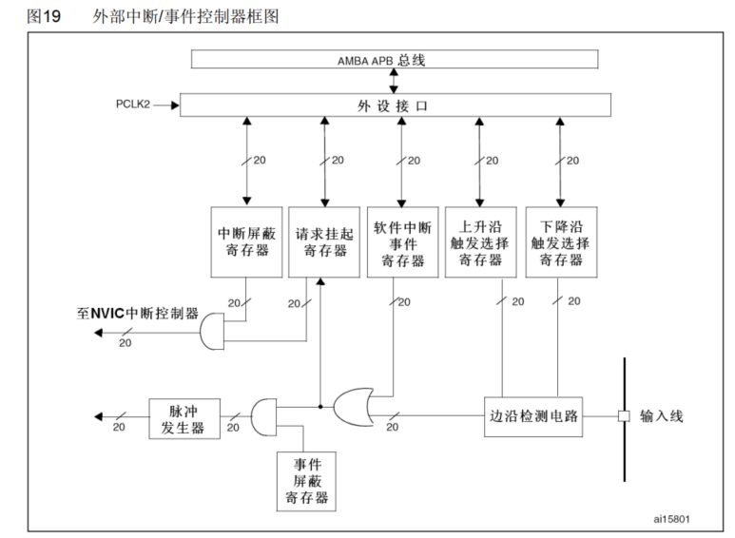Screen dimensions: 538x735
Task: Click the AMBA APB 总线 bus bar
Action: point(395,59)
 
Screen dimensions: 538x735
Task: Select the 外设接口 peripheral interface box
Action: point(395,106)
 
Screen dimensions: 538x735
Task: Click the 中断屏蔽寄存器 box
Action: point(245,241)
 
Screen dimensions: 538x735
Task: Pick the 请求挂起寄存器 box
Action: point(325,241)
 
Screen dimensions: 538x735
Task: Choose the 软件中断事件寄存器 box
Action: point(403,241)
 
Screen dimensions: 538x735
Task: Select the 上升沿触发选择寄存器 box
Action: point(481,241)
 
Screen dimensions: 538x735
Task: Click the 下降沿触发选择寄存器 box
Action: point(561,241)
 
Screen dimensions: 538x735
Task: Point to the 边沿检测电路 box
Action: point(533,416)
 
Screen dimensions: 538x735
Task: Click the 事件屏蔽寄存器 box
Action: point(304,481)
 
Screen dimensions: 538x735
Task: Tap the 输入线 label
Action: point(662,416)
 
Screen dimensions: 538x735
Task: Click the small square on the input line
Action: point(624,416)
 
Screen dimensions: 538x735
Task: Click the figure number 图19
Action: point(45,16)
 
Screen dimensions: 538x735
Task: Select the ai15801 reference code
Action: point(671,520)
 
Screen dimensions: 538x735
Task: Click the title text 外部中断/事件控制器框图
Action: point(186,16)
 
